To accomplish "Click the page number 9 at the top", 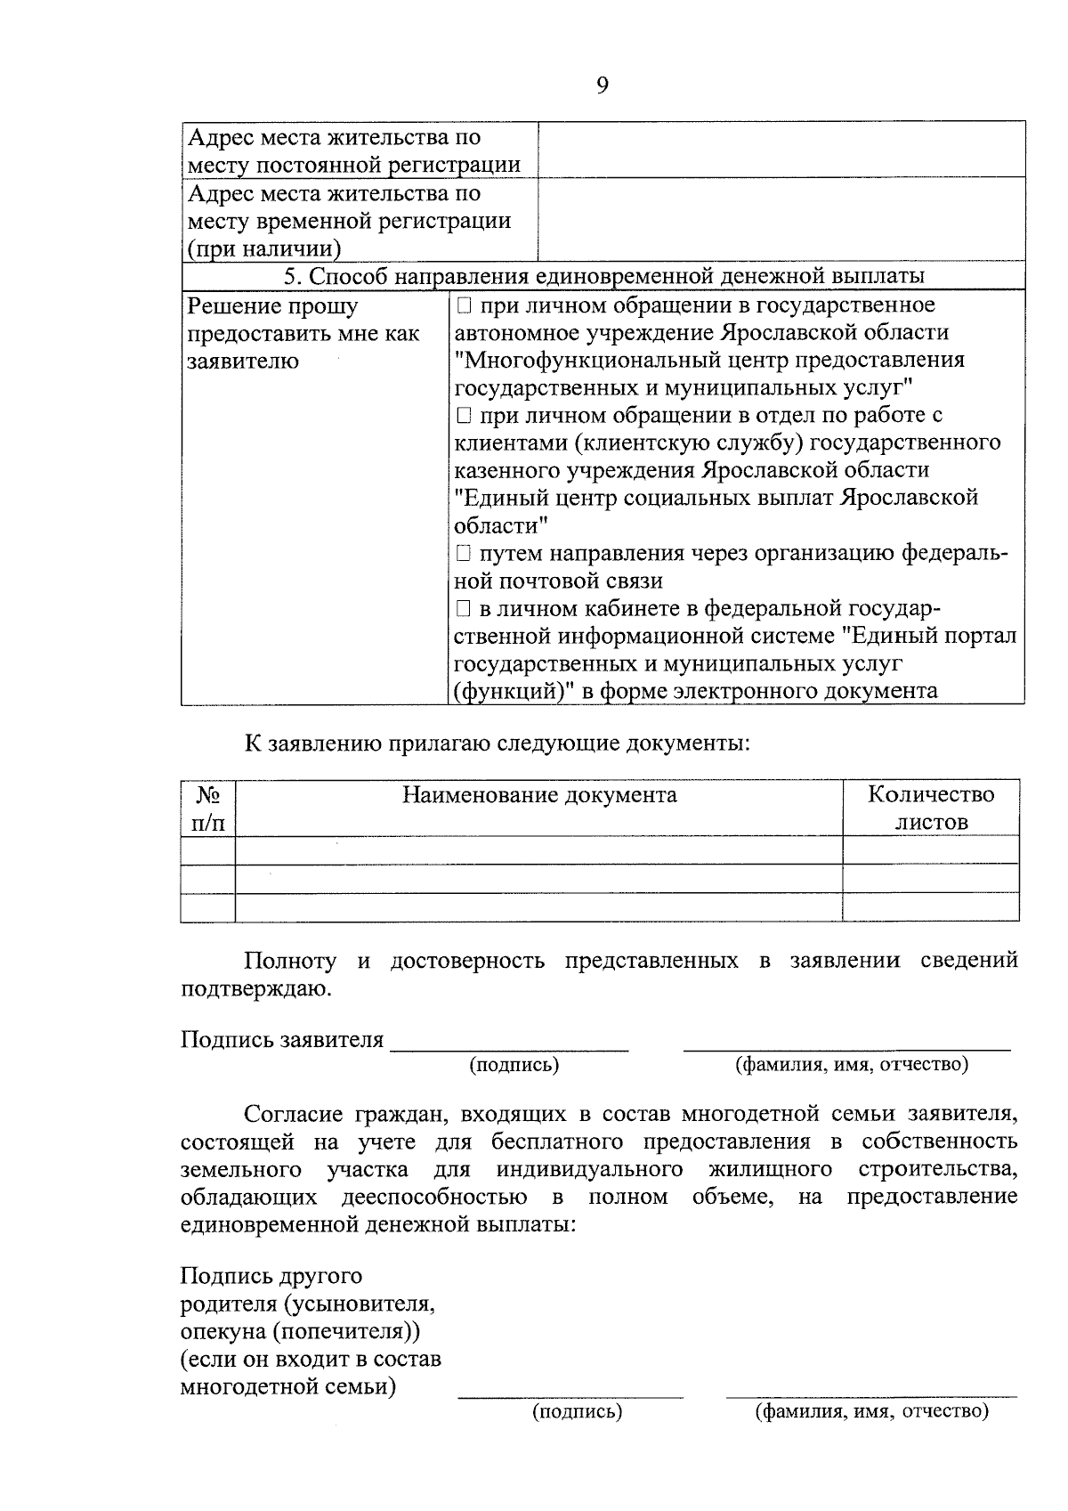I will point(603,85).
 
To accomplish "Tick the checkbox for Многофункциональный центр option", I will point(464,306).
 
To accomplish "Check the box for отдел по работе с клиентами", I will point(464,416).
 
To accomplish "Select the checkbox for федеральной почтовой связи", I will point(464,554).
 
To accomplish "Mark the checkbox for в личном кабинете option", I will point(464,609).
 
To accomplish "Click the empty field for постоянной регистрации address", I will point(781,150).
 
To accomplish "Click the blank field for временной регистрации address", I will point(781,219).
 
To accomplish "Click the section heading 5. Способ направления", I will point(603,277).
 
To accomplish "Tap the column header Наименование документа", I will point(538,794).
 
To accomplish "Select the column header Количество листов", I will point(930,808).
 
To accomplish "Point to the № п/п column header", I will point(208,808).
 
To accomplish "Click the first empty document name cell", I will point(538,850).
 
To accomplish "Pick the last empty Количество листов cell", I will point(930,907).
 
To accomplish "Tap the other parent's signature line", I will point(570,1396).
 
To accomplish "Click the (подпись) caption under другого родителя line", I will point(577,1412).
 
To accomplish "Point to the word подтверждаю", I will point(255,989).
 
